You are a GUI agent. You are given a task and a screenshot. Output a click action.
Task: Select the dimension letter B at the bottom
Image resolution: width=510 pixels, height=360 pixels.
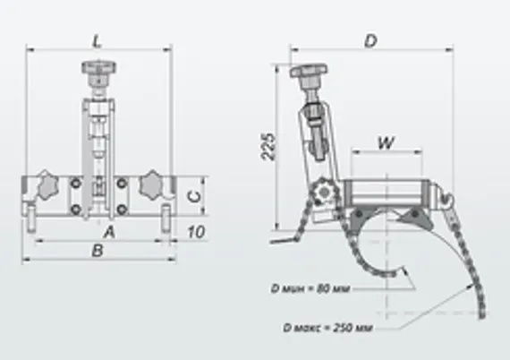[x=96, y=253]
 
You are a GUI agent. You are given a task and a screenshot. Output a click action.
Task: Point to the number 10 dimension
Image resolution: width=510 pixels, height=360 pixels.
[x=199, y=232]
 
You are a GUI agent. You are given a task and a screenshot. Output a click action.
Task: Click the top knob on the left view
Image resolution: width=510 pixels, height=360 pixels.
[x=95, y=68]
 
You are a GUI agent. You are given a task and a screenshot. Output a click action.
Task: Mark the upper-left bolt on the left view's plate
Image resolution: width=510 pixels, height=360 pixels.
[x=75, y=186]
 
